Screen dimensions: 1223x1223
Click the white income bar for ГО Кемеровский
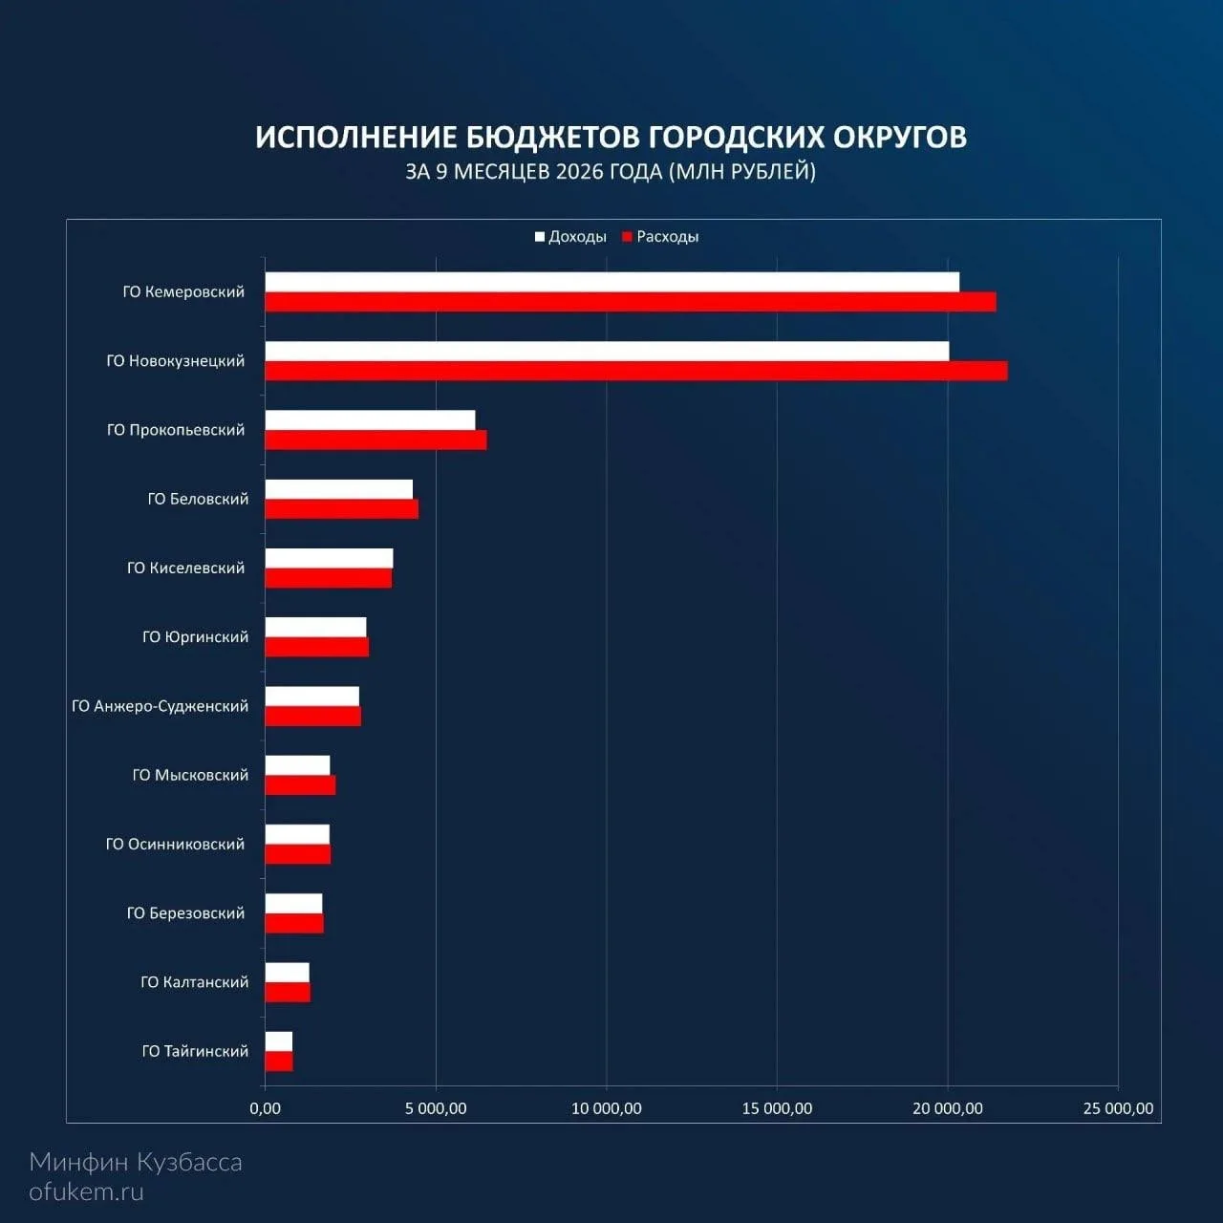[x=611, y=282]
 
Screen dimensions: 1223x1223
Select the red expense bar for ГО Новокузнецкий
[x=636, y=371]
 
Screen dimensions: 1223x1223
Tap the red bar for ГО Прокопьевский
[x=375, y=440]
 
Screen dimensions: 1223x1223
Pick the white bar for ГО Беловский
[x=339, y=489]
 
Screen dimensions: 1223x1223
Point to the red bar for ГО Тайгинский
[x=279, y=1062]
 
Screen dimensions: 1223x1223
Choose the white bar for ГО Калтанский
[x=288, y=973]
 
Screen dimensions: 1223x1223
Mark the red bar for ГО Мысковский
[x=300, y=785]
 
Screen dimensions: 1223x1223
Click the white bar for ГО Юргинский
[x=315, y=628]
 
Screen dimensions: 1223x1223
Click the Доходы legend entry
[x=570, y=237]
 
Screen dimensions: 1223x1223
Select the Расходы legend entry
[x=660, y=237]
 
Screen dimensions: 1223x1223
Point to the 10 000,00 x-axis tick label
[x=606, y=1108]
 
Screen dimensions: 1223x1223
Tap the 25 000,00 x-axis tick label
[x=1118, y=1108]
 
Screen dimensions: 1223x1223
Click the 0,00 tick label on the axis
[x=265, y=1108]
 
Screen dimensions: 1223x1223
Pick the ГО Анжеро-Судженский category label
[x=160, y=706]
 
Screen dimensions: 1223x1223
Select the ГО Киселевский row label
[x=185, y=568]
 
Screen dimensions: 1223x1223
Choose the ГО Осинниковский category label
[x=175, y=844]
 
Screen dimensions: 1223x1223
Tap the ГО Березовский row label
[x=185, y=912]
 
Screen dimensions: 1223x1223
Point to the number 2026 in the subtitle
[x=579, y=171]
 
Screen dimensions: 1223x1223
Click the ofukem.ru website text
[x=86, y=1192]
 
